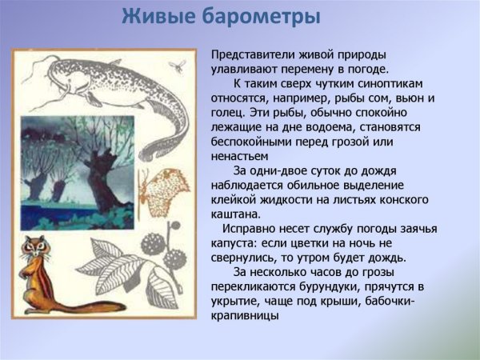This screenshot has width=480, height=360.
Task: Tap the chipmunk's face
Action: (x=34, y=251)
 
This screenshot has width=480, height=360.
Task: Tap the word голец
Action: (x=230, y=112)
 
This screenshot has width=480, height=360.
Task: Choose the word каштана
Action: (x=236, y=214)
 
